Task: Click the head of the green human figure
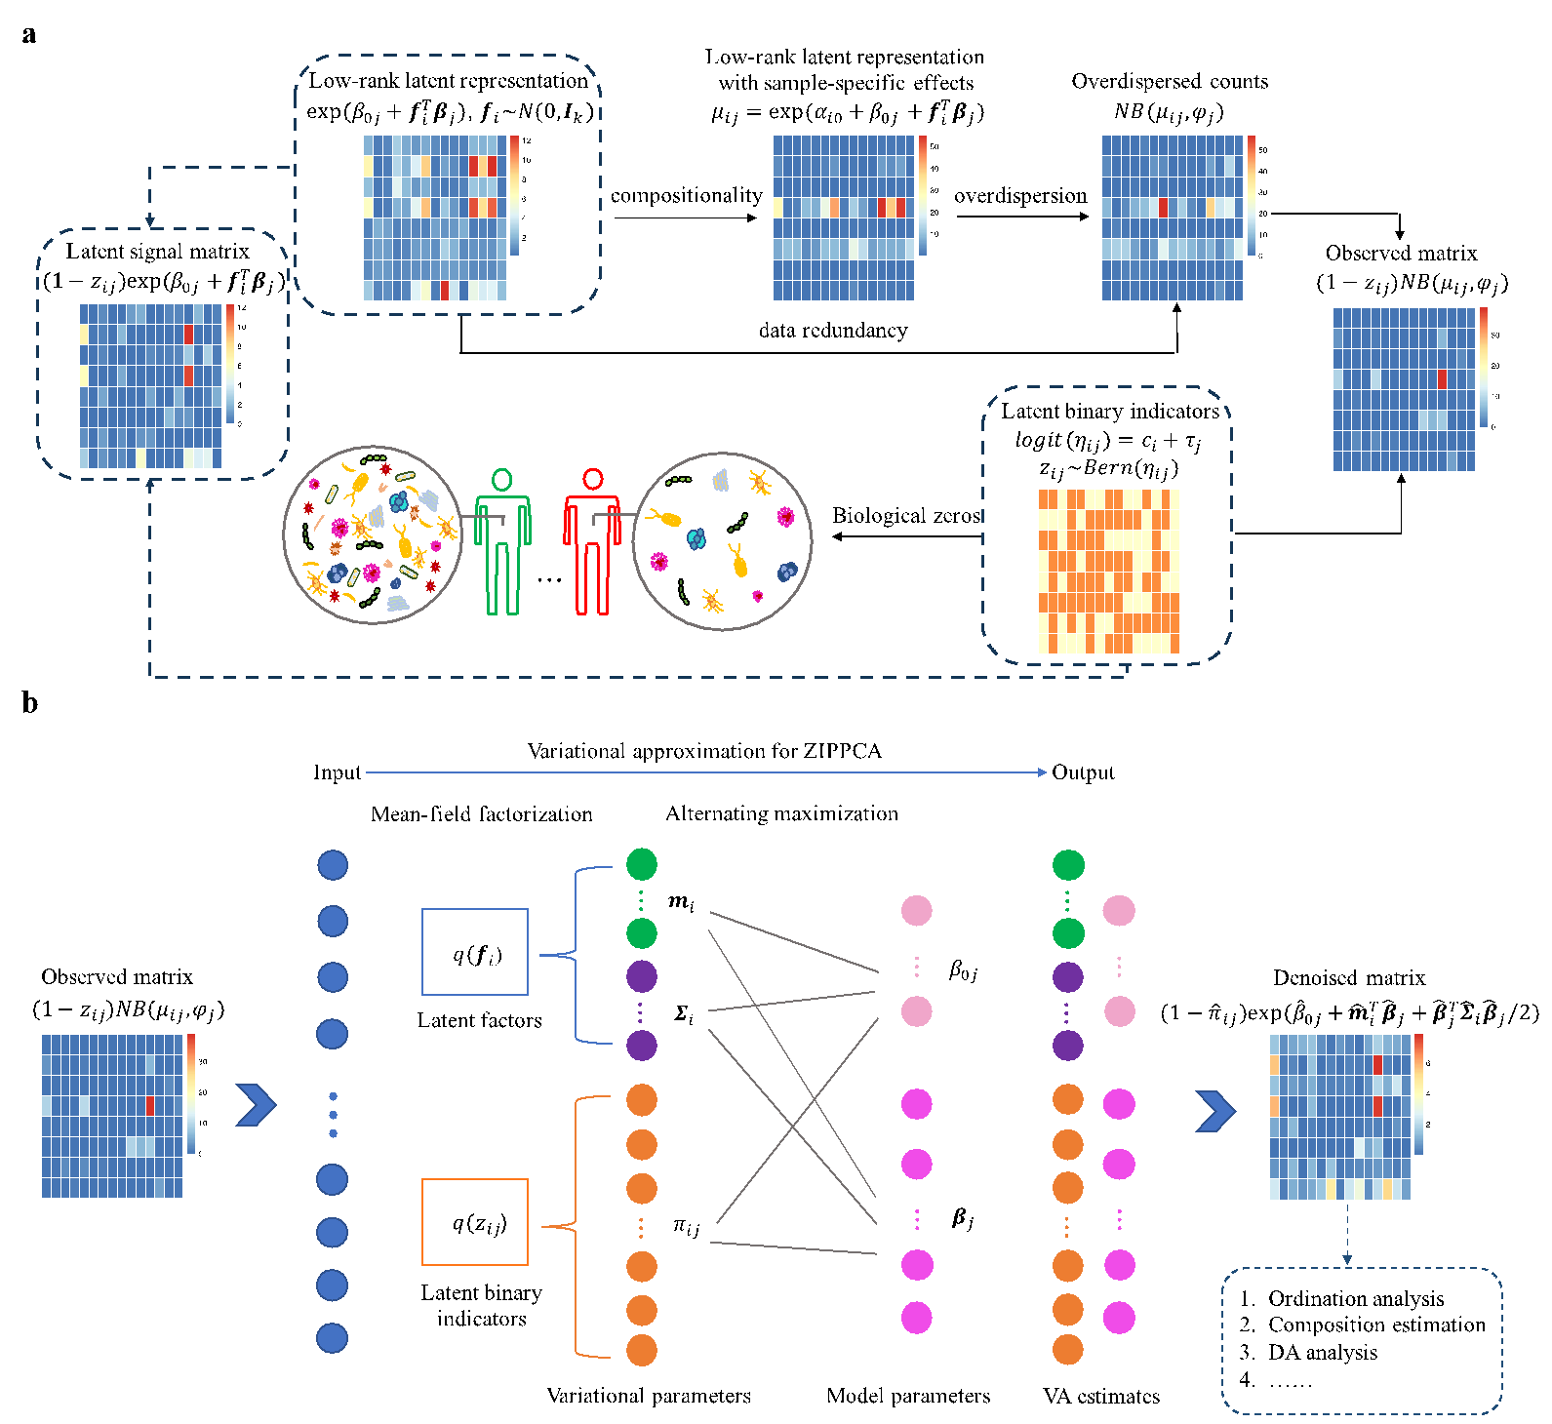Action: click(501, 479)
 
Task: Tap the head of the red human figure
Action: click(593, 479)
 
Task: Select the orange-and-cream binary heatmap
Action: click(1109, 571)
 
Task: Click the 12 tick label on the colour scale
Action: click(527, 141)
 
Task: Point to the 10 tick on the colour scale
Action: click(527, 160)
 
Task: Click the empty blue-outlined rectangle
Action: click(475, 952)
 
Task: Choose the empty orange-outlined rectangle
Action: click(475, 1222)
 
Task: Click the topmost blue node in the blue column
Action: click(333, 865)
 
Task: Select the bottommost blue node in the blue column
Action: click(332, 1338)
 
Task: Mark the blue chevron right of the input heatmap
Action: click(257, 1105)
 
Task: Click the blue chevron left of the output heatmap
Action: click(1215, 1111)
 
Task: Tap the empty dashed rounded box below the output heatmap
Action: click(1362, 1340)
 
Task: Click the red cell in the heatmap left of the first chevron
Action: click(150, 1105)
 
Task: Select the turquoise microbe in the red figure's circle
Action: click(696, 538)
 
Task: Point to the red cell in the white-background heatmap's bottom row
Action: click(445, 291)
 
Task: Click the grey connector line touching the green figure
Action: click(483, 517)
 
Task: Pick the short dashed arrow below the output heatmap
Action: click(1347, 1234)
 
